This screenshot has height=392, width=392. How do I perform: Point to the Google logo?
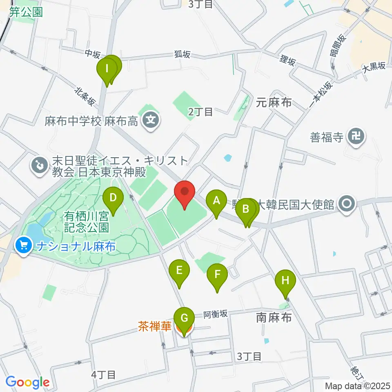27,382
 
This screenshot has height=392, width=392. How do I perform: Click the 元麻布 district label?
274,102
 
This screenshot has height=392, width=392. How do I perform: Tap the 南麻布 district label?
274,317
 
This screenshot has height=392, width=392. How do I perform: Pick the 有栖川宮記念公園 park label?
86,220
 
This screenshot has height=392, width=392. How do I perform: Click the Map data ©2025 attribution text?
358,386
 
